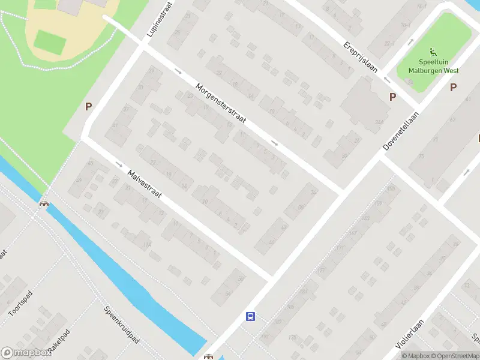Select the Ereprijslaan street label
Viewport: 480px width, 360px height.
pos(360,56)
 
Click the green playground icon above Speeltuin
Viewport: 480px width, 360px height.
pos(433,53)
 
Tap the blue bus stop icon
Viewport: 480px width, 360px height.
pos(250,316)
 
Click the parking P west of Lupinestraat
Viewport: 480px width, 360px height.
pos(89,107)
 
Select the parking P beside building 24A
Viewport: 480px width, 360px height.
pos(393,97)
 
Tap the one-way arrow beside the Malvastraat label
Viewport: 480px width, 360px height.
pos(118,164)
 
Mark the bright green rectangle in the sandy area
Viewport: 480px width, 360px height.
pos(50,40)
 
